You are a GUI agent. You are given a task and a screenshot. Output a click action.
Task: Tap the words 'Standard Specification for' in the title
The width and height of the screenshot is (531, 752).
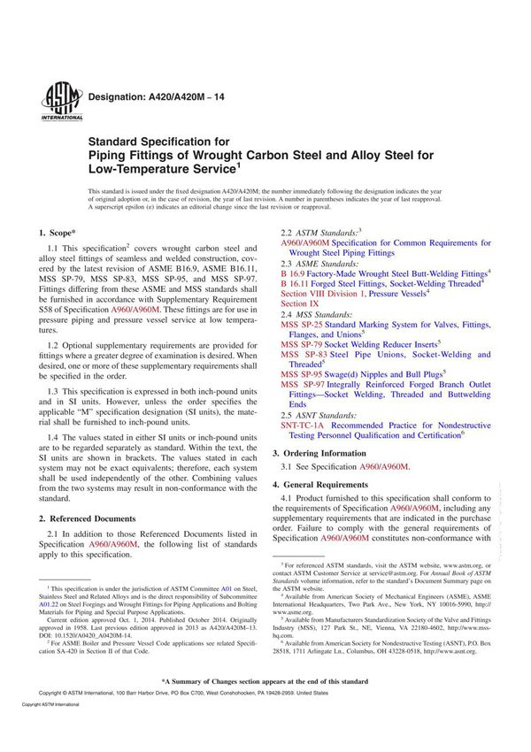[158, 141]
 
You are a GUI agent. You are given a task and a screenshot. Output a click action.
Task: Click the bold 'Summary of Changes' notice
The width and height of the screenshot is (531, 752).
[265, 706]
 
